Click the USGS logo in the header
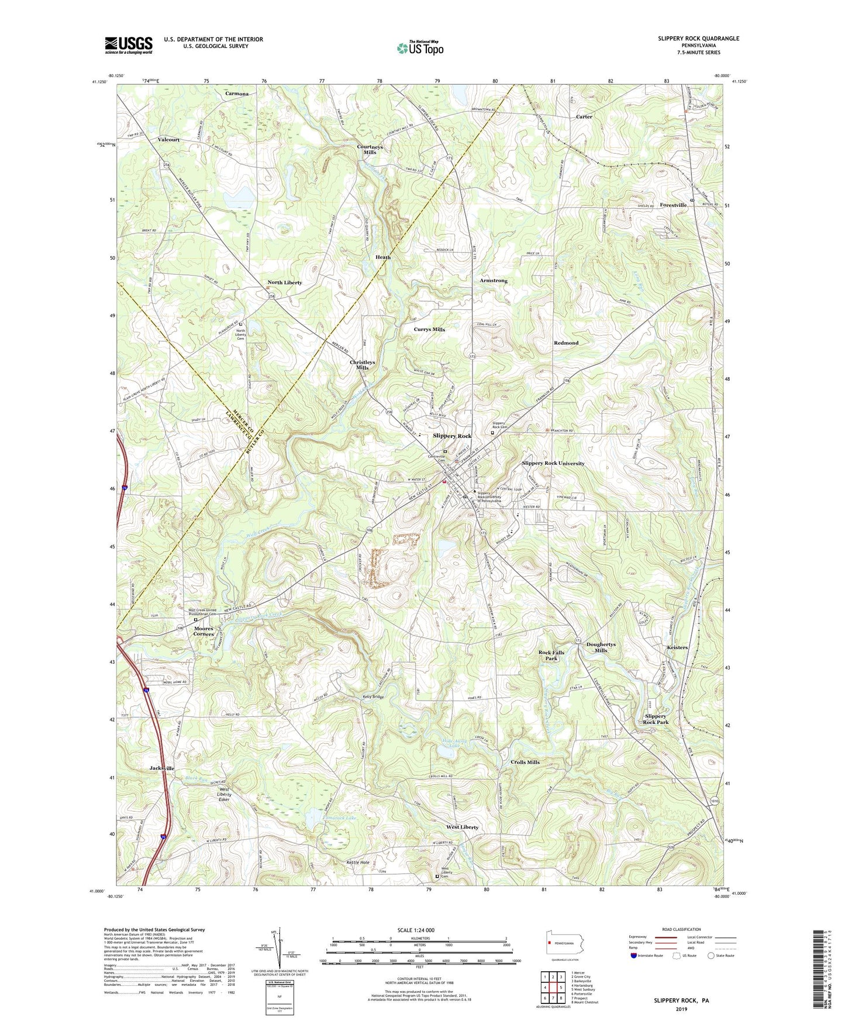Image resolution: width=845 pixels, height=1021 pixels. (x=129, y=45)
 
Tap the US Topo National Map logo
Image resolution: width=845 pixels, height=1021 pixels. (x=419, y=48)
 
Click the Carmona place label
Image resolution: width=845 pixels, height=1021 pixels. (x=237, y=94)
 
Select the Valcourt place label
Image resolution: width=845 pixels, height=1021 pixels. (x=168, y=140)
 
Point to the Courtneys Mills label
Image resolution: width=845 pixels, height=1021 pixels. (x=370, y=149)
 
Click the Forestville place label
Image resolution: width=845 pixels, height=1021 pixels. (x=673, y=205)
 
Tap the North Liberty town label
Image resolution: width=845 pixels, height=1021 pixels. (x=285, y=282)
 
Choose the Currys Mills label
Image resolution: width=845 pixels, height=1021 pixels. (x=430, y=329)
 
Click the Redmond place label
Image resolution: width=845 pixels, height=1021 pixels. (x=566, y=343)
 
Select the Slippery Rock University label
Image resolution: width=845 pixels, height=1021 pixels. (x=553, y=463)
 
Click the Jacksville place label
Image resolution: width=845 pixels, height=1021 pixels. (x=162, y=768)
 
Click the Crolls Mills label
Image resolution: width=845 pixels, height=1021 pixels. (x=525, y=762)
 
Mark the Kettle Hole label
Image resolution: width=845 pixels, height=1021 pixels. (x=358, y=862)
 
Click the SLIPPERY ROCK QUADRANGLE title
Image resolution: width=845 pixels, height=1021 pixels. (x=698, y=39)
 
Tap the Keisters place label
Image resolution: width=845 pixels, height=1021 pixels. (x=677, y=647)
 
